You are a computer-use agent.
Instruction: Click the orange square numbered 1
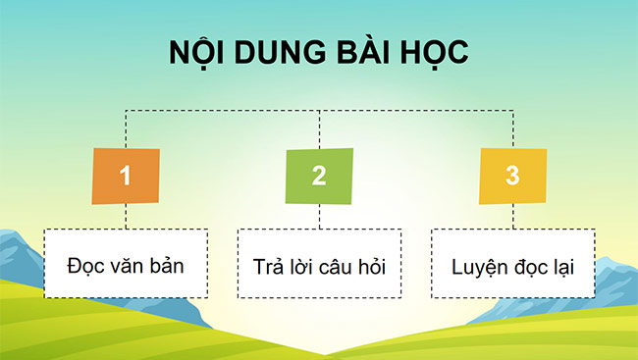click(126, 176)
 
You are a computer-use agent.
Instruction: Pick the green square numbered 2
click(319, 176)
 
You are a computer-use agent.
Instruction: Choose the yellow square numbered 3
click(511, 176)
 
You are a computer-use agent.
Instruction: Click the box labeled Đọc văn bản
click(126, 264)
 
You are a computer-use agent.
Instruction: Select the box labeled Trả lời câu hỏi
click(319, 264)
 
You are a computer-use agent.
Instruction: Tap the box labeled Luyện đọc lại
click(512, 264)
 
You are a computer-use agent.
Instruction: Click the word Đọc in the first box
click(84, 265)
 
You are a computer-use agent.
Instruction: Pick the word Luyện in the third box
click(475, 266)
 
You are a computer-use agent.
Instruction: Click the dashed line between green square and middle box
click(320, 217)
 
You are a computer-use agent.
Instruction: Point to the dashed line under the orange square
click(127, 217)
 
